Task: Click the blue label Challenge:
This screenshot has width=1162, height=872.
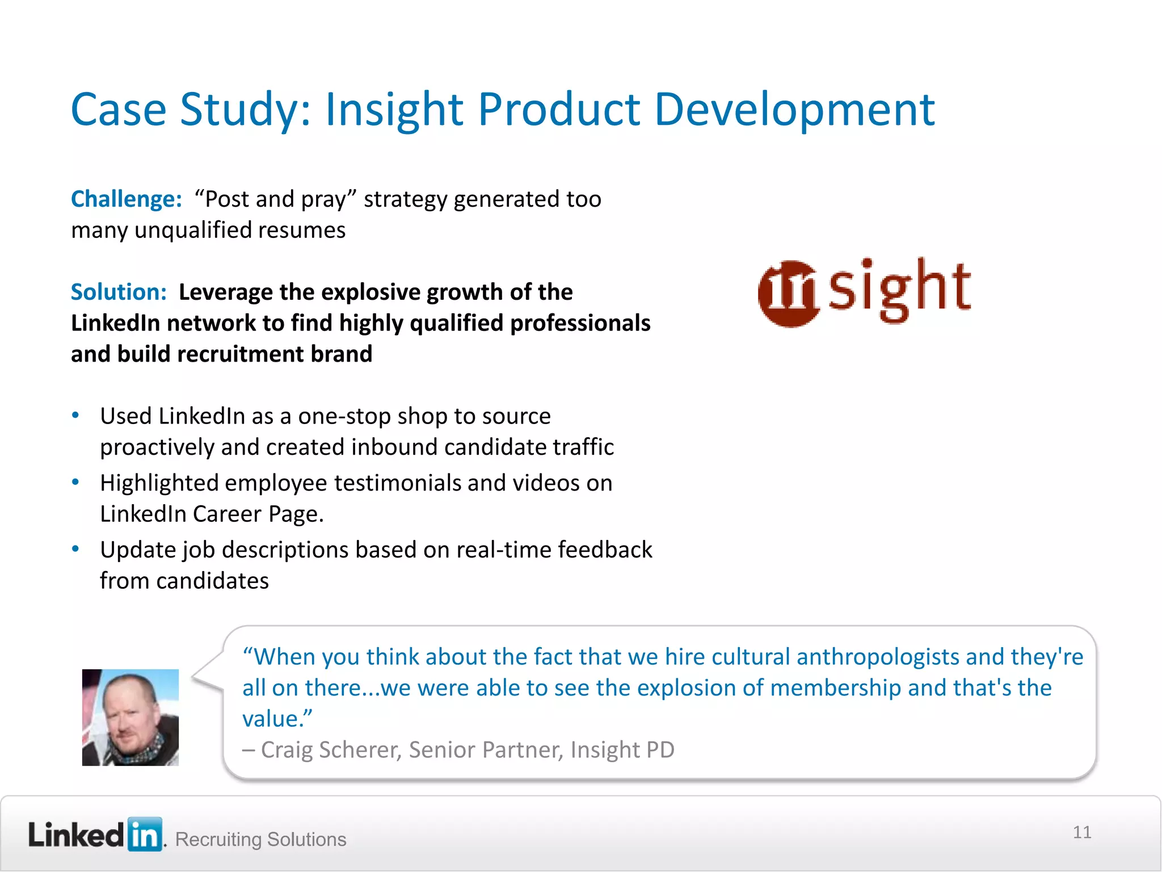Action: point(126,199)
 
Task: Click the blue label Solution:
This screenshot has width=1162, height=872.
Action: point(119,292)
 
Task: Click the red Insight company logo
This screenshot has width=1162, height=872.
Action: point(864,291)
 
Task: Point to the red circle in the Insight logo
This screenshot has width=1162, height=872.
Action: point(789,294)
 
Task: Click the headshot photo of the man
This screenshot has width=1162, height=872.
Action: point(130,717)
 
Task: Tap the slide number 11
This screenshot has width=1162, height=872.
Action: point(1082,832)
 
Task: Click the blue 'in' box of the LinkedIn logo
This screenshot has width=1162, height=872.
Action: point(145,835)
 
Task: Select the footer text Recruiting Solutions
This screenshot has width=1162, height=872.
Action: point(260,839)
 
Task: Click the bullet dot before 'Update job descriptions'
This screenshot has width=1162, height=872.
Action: point(75,549)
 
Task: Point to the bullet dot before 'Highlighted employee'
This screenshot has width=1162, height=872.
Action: point(75,482)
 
